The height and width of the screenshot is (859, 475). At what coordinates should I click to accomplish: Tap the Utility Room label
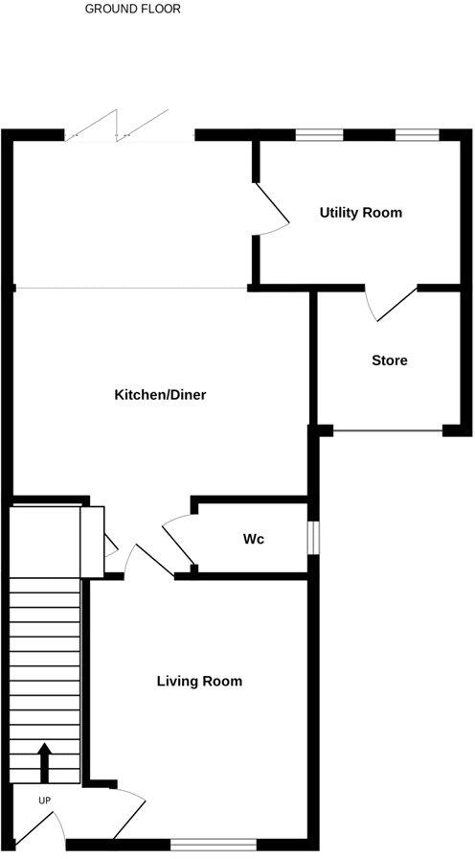coord(360,212)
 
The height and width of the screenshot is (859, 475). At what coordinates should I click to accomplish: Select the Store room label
coord(390,360)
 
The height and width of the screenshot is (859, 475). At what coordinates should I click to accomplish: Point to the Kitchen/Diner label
coord(160,395)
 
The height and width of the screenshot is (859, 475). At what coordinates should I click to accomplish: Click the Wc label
coord(253,539)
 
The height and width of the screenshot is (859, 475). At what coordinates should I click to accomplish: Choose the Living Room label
coord(199,682)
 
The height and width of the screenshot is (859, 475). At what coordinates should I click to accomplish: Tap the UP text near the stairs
coord(44,800)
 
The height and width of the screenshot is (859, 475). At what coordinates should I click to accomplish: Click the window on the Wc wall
coord(311,538)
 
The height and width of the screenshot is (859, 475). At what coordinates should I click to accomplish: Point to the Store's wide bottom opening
coord(387,431)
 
